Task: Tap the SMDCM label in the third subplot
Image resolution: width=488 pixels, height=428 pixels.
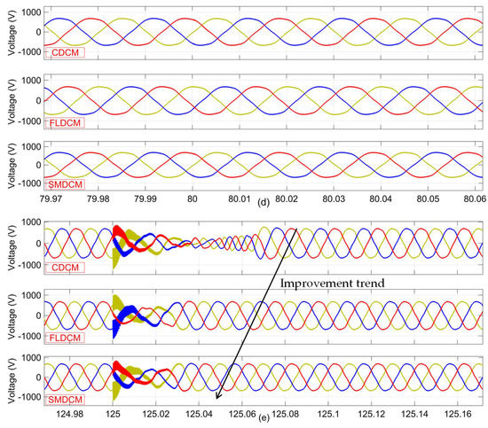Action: coord(65,183)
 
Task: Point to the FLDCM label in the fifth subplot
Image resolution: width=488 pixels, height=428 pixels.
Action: coord(63,328)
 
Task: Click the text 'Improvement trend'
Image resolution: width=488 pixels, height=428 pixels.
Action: coord(323,285)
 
